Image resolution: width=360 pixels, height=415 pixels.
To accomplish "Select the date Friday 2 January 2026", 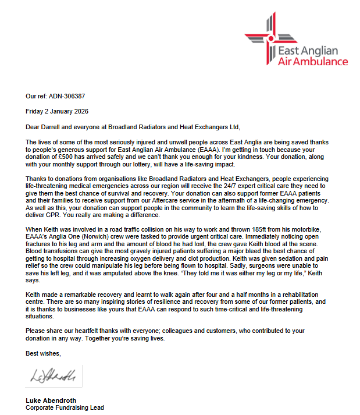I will [57, 111].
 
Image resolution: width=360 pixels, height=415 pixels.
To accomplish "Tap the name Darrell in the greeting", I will [54, 126].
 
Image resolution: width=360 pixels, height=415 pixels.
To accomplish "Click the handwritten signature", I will [53, 375].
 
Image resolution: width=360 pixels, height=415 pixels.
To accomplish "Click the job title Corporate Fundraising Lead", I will [65, 408].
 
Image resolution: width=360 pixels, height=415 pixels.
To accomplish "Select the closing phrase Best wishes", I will [42, 353].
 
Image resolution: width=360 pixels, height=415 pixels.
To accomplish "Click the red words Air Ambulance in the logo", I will [313, 62].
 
